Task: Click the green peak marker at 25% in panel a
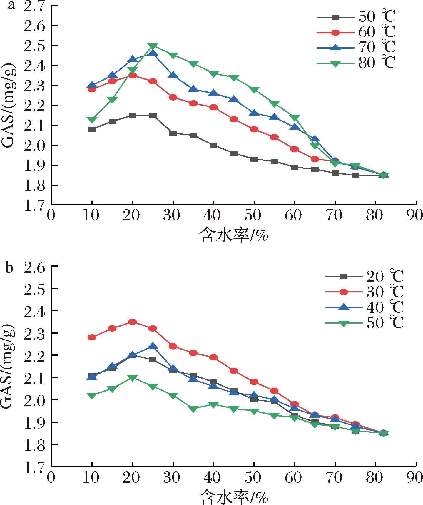[x=153, y=46]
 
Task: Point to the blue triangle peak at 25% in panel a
[x=153, y=53]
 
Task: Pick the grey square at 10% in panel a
[x=92, y=129]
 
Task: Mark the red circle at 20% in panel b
[x=133, y=322]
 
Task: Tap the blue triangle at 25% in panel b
[x=153, y=346]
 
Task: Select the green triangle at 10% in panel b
[x=92, y=396]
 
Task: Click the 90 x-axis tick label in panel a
[x=416, y=215]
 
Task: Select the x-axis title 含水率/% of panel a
[x=234, y=235]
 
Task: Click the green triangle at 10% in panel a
[x=92, y=120]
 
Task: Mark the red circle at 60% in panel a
[x=294, y=149]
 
